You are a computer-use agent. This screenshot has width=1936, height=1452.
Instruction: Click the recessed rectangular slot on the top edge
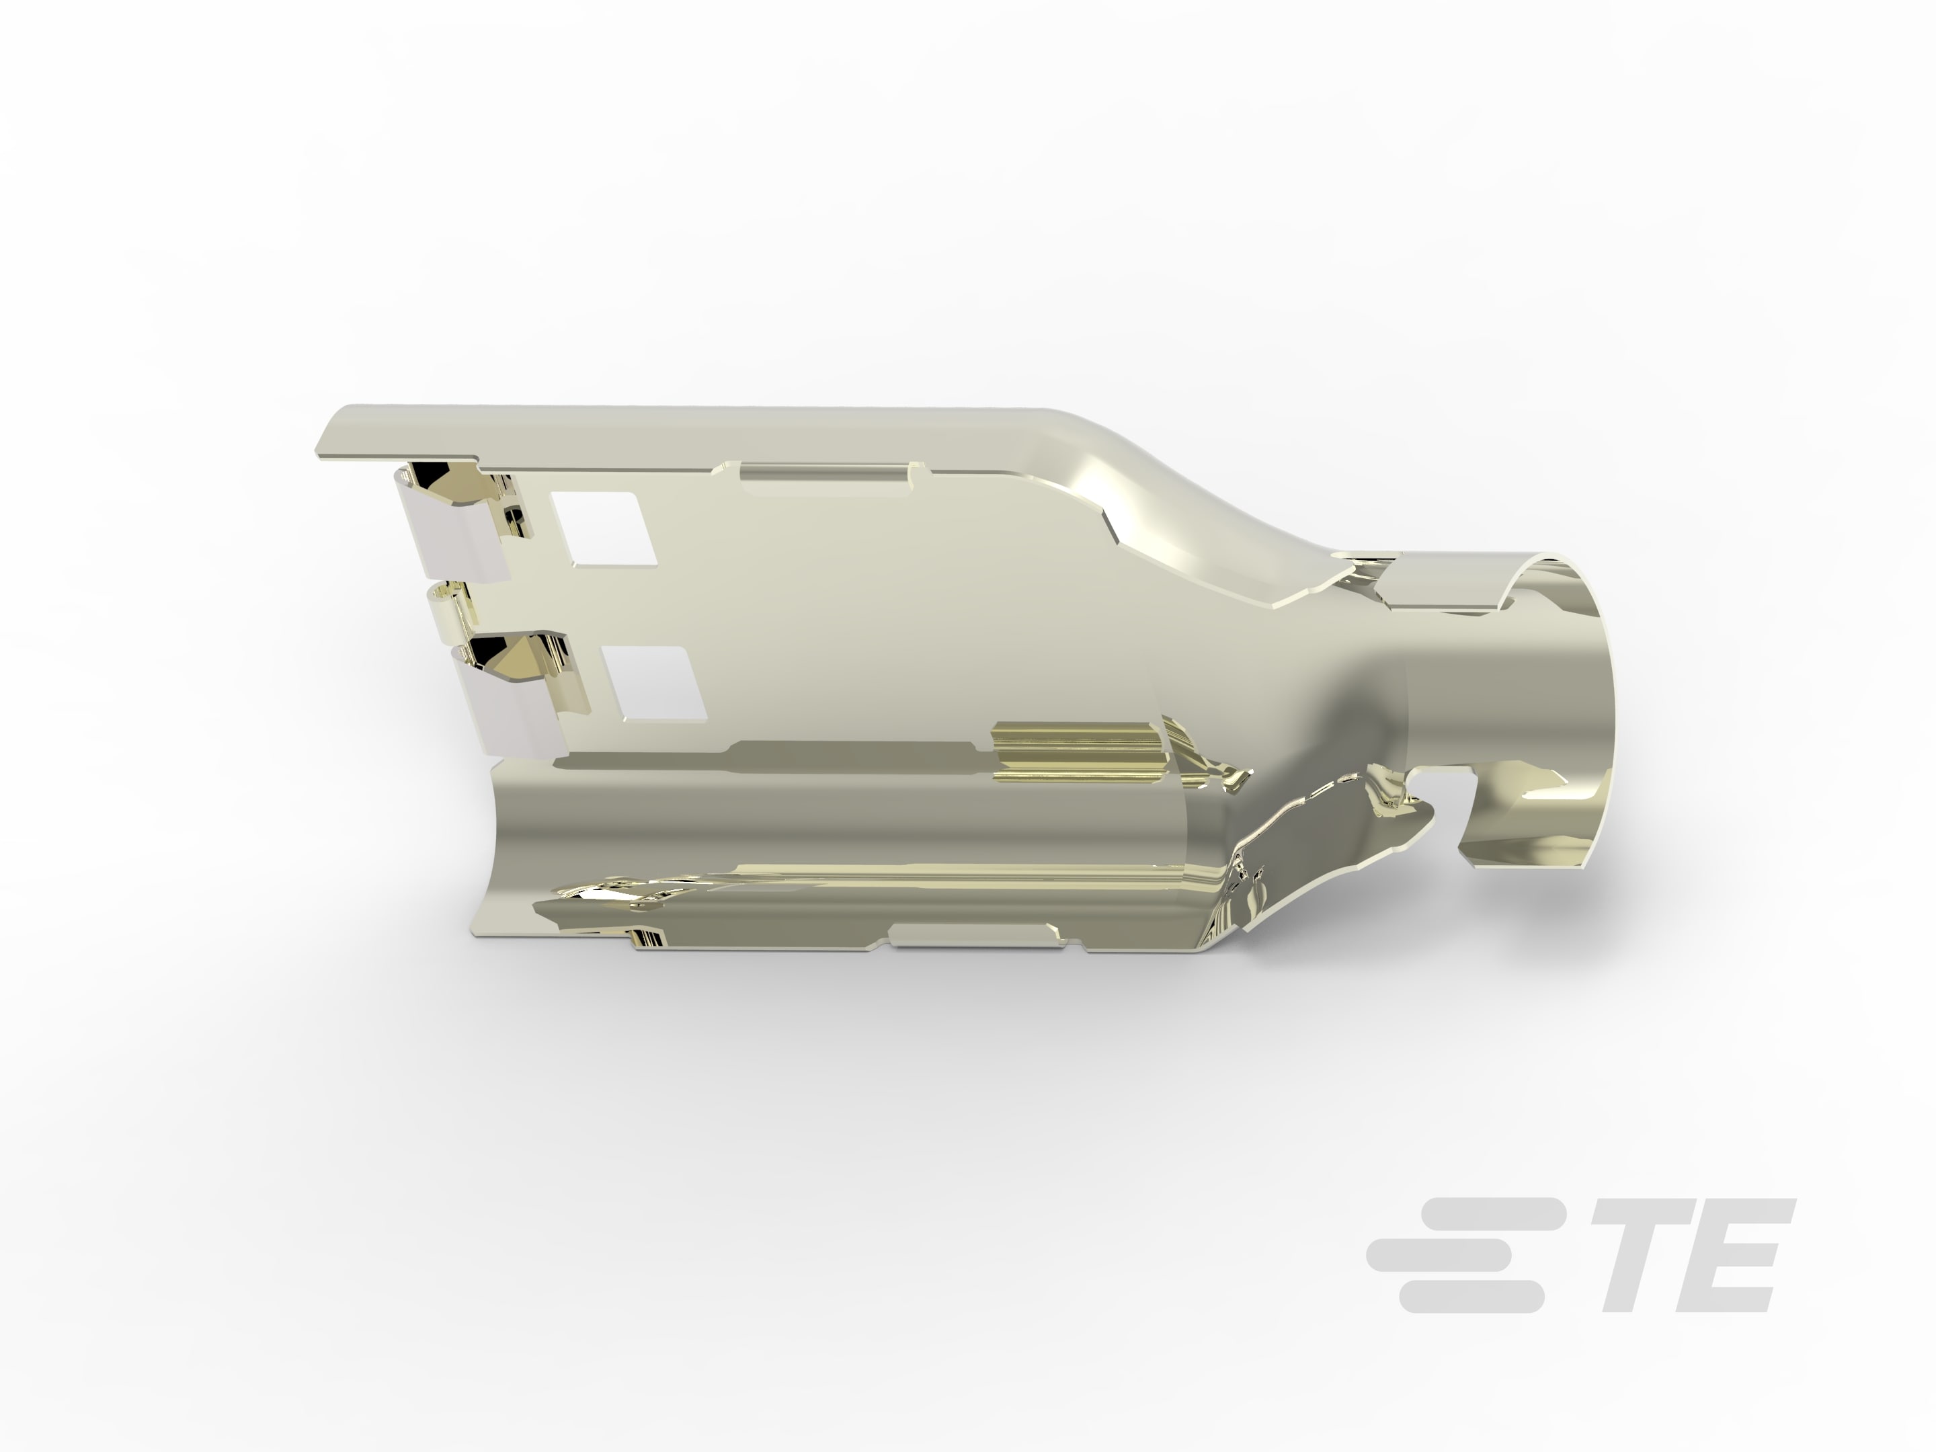tap(826, 473)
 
